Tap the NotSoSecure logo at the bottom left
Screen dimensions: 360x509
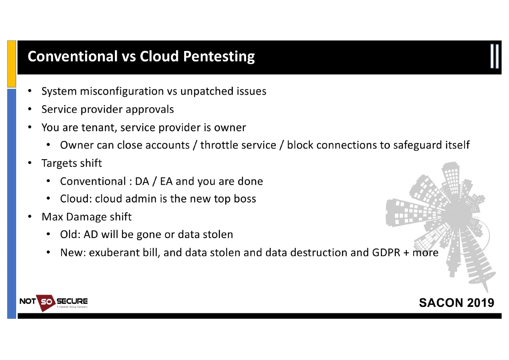[53, 302]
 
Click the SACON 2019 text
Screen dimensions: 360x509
[456, 303]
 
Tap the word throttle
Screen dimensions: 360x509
[219, 145]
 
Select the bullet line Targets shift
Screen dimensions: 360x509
[71, 163]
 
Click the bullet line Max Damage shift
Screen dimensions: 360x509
[86, 217]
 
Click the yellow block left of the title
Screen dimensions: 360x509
[11, 64]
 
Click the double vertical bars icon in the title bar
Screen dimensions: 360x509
[495, 56]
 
